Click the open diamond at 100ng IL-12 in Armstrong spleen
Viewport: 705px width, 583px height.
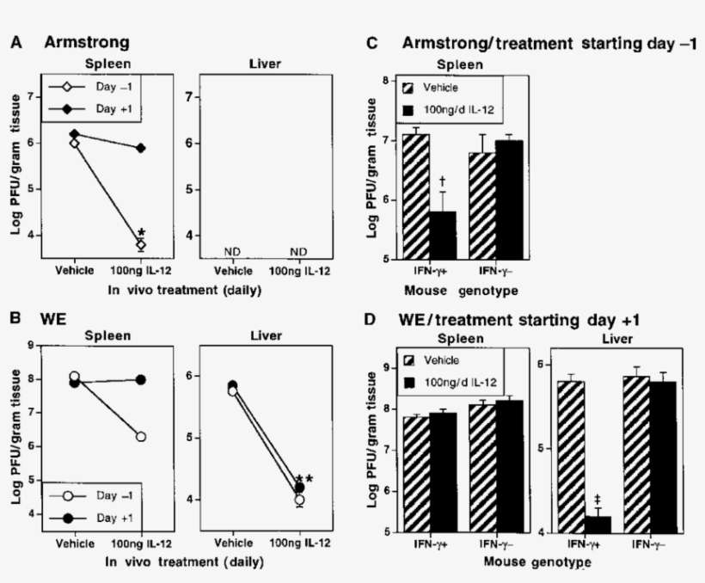click(x=141, y=245)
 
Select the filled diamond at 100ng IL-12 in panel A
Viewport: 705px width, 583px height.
click(x=141, y=148)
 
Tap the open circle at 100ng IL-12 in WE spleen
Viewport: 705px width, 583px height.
click(x=140, y=437)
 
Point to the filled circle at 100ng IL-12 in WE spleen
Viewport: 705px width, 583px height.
click(x=140, y=379)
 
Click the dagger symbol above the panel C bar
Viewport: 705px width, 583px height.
click(x=442, y=181)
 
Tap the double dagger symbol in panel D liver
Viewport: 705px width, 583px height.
click(x=598, y=500)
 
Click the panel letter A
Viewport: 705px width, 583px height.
click(x=15, y=41)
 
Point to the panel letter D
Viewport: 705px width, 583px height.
click(x=370, y=320)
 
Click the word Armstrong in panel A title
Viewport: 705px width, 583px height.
click(x=87, y=41)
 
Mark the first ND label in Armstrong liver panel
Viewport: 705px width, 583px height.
click(x=231, y=252)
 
